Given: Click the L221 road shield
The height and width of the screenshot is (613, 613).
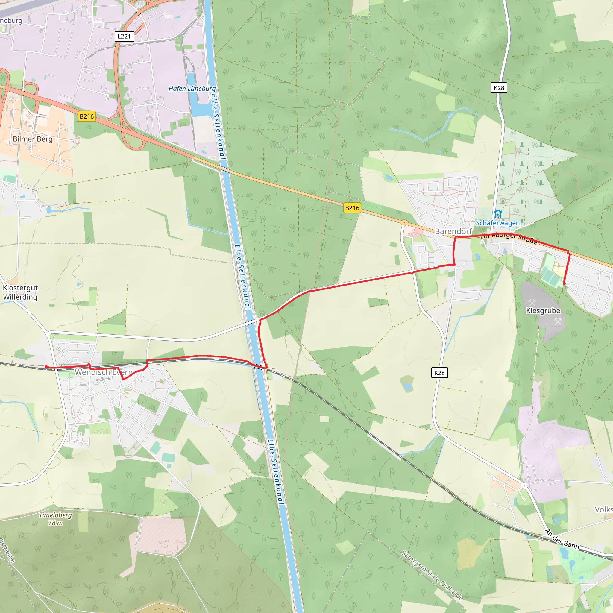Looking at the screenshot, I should (x=124, y=37).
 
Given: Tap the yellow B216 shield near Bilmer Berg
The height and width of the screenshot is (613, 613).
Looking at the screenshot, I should (x=87, y=116).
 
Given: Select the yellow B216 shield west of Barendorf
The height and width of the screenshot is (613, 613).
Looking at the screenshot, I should (x=352, y=208).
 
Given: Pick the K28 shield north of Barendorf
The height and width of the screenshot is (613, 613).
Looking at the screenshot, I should (x=499, y=88).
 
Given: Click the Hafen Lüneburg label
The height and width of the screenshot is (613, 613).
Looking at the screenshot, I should (x=192, y=89).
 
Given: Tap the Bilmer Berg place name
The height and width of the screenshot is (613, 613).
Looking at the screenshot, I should (x=33, y=139).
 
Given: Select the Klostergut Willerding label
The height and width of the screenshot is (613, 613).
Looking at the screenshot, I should (x=20, y=292).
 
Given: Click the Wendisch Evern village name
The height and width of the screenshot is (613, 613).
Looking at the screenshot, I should (x=104, y=372).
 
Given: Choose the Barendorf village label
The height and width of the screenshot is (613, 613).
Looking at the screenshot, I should (x=453, y=231).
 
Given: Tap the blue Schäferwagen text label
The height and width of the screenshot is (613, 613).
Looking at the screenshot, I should (x=497, y=223).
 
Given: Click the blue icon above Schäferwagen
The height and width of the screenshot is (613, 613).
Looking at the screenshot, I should (x=498, y=214).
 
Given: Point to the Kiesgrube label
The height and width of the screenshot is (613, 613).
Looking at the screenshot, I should (x=543, y=311).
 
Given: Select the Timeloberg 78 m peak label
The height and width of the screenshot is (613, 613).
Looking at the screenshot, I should (x=56, y=519).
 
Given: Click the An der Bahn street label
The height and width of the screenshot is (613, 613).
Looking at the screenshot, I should (x=562, y=539).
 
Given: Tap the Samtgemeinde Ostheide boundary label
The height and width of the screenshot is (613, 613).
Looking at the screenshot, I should (x=432, y=575).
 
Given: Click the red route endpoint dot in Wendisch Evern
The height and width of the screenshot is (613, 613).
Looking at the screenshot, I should (x=46, y=367).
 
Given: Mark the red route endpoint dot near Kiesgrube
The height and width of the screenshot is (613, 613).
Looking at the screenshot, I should (x=564, y=283).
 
